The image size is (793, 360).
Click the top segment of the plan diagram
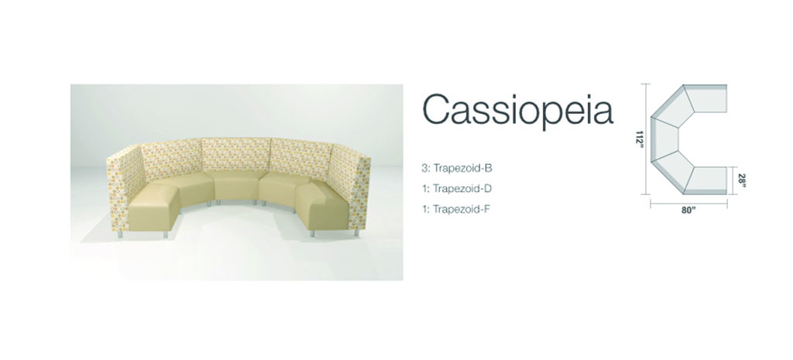click(706, 100)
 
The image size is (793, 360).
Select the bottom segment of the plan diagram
click(706, 180)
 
